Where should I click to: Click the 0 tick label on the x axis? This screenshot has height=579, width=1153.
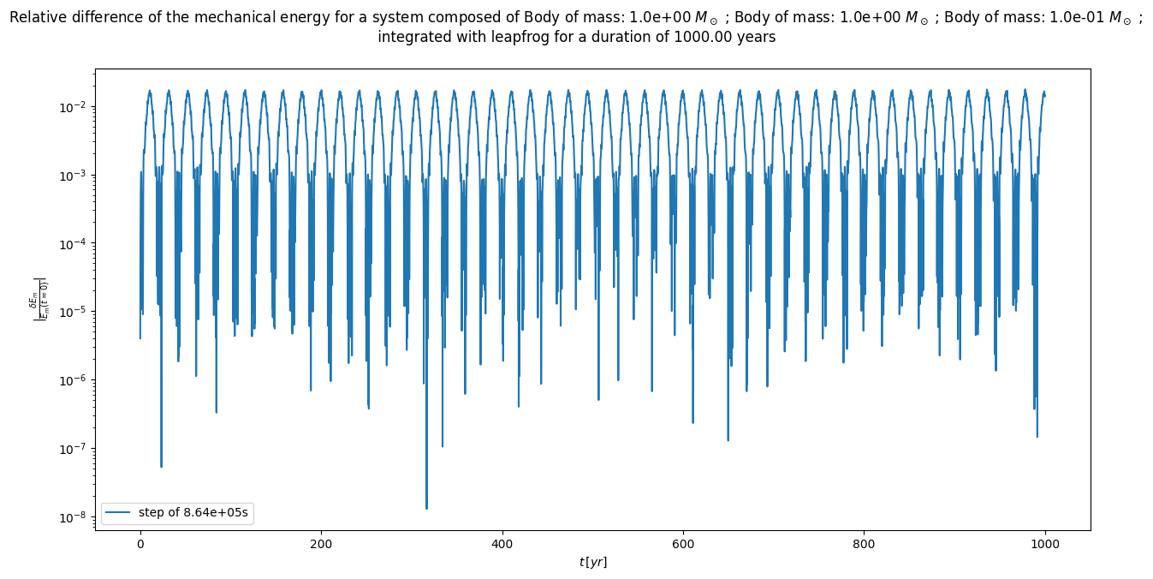(x=140, y=543)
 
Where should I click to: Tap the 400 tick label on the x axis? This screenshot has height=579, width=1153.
(x=502, y=543)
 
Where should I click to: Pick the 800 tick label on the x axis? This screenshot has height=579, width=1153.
(x=864, y=543)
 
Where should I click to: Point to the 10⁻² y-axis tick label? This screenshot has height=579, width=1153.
(x=74, y=107)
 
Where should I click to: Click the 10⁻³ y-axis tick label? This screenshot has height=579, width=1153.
(x=74, y=176)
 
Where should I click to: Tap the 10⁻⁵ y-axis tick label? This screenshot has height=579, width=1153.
(x=74, y=312)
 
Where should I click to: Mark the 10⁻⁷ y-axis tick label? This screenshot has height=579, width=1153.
(x=74, y=449)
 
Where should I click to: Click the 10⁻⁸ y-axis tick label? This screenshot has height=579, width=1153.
(x=74, y=517)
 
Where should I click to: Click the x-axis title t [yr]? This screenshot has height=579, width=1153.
(x=592, y=562)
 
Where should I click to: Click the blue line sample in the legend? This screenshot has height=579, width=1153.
(x=119, y=512)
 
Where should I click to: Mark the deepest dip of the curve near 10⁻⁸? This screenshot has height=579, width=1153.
(x=426, y=508)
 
